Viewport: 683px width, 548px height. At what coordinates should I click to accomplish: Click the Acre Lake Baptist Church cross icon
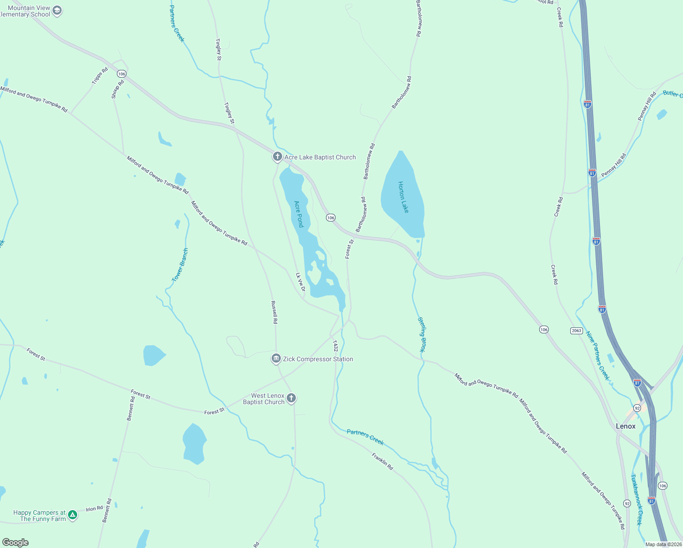pos(277,157)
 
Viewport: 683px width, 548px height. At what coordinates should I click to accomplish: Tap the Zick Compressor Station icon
pos(276,359)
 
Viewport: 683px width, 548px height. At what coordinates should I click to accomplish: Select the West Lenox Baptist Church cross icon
pos(291,399)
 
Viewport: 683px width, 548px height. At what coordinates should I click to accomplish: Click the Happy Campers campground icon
pos(73,516)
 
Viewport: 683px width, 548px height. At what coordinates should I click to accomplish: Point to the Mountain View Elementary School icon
pos(57,11)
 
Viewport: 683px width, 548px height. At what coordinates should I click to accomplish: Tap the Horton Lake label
pos(403,197)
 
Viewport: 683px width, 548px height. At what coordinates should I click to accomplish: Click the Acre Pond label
pos(299,214)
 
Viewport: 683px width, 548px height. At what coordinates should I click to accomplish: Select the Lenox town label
pos(625,426)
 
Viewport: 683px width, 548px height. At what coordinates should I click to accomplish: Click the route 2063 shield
pos(577,330)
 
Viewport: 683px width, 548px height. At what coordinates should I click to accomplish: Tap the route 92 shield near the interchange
pos(637,407)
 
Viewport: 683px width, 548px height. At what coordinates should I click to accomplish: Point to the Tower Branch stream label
pos(180,265)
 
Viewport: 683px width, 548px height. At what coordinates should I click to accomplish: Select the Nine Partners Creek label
pos(598,355)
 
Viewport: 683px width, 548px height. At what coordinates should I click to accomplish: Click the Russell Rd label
pos(274,312)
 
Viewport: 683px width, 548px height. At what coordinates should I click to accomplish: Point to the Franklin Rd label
pos(382,461)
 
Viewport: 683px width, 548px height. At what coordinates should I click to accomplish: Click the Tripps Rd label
pos(100,76)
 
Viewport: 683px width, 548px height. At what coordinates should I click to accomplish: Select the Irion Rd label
pos(95,509)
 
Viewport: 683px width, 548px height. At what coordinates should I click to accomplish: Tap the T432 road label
pos(336,346)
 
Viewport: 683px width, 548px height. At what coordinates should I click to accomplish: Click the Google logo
pos(16,542)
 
